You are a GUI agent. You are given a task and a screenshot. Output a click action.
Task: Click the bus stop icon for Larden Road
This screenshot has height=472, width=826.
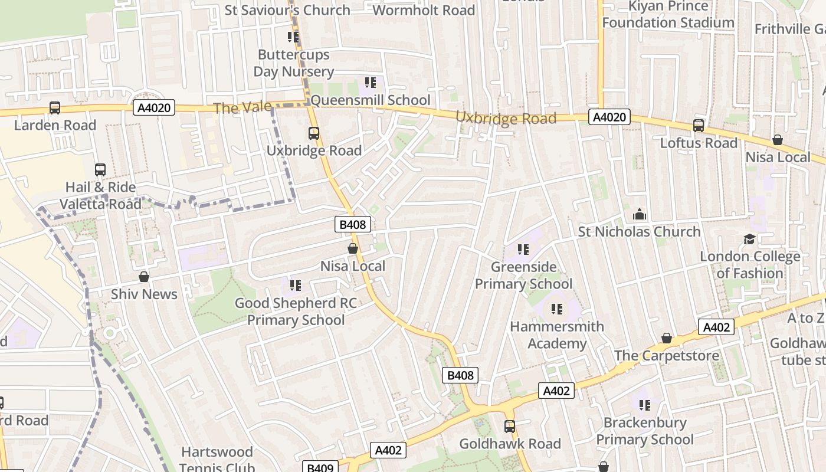click(55, 108)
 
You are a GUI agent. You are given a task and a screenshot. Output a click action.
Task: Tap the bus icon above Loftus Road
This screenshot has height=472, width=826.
click(699, 126)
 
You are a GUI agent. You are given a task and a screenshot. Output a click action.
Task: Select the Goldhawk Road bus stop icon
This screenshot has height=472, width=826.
click(510, 426)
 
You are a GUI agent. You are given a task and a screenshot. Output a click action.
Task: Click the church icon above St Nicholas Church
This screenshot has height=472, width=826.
click(640, 214)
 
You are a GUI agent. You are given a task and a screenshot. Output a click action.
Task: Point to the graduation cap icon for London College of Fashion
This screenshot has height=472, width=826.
click(749, 239)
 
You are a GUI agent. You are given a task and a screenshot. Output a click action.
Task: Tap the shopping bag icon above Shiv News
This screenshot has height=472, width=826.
click(144, 277)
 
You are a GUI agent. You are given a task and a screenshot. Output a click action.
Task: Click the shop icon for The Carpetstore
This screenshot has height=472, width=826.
click(667, 338)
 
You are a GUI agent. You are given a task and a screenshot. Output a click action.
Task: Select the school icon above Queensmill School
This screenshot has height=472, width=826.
click(371, 83)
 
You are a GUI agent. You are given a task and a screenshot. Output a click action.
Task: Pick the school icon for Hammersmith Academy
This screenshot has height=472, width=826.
click(557, 309)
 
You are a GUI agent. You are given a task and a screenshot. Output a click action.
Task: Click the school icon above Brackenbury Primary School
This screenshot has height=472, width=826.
click(645, 405)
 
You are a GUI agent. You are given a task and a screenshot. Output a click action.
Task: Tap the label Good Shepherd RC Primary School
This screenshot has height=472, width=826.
click(296, 312)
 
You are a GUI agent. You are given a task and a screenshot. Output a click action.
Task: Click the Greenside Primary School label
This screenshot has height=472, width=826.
click(524, 276)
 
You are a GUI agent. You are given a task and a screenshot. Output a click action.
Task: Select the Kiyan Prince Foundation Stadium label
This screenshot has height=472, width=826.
click(668, 15)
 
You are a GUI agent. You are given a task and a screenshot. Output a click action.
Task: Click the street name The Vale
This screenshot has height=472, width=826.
click(242, 108)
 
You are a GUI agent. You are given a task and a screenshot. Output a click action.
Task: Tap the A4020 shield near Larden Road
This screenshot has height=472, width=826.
click(155, 107)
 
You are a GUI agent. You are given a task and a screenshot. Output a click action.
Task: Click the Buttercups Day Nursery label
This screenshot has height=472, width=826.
click(294, 63)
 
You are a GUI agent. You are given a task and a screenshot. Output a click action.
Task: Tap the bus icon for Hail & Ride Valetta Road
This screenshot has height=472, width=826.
click(100, 170)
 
